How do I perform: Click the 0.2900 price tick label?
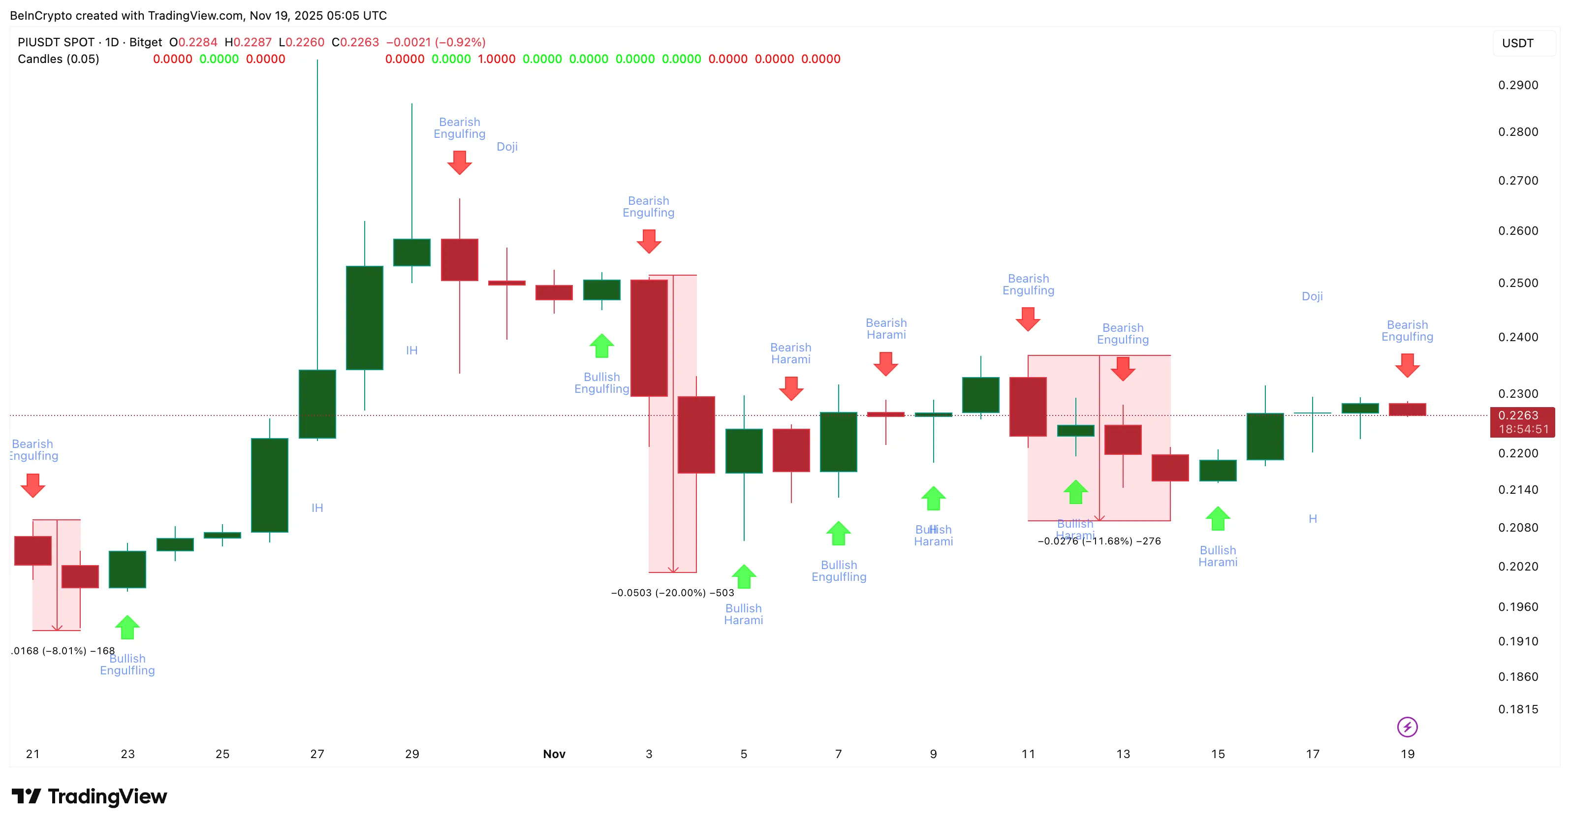click(1518, 85)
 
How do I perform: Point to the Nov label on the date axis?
click(554, 754)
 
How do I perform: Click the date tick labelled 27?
click(317, 754)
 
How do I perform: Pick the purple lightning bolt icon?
click(1407, 727)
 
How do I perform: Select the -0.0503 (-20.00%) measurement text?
click(672, 593)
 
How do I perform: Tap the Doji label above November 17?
click(1312, 296)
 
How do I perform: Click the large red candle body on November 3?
click(649, 338)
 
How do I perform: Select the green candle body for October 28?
click(365, 318)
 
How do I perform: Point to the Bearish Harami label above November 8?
click(885, 328)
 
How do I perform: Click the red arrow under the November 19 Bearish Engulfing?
click(1407, 365)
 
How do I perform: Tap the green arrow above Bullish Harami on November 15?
click(1217, 519)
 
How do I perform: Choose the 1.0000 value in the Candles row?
click(496, 59)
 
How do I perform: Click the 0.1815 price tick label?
click(1518, 709)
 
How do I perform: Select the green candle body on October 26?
click(269, 485)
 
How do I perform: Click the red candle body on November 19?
click(1407, 410)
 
